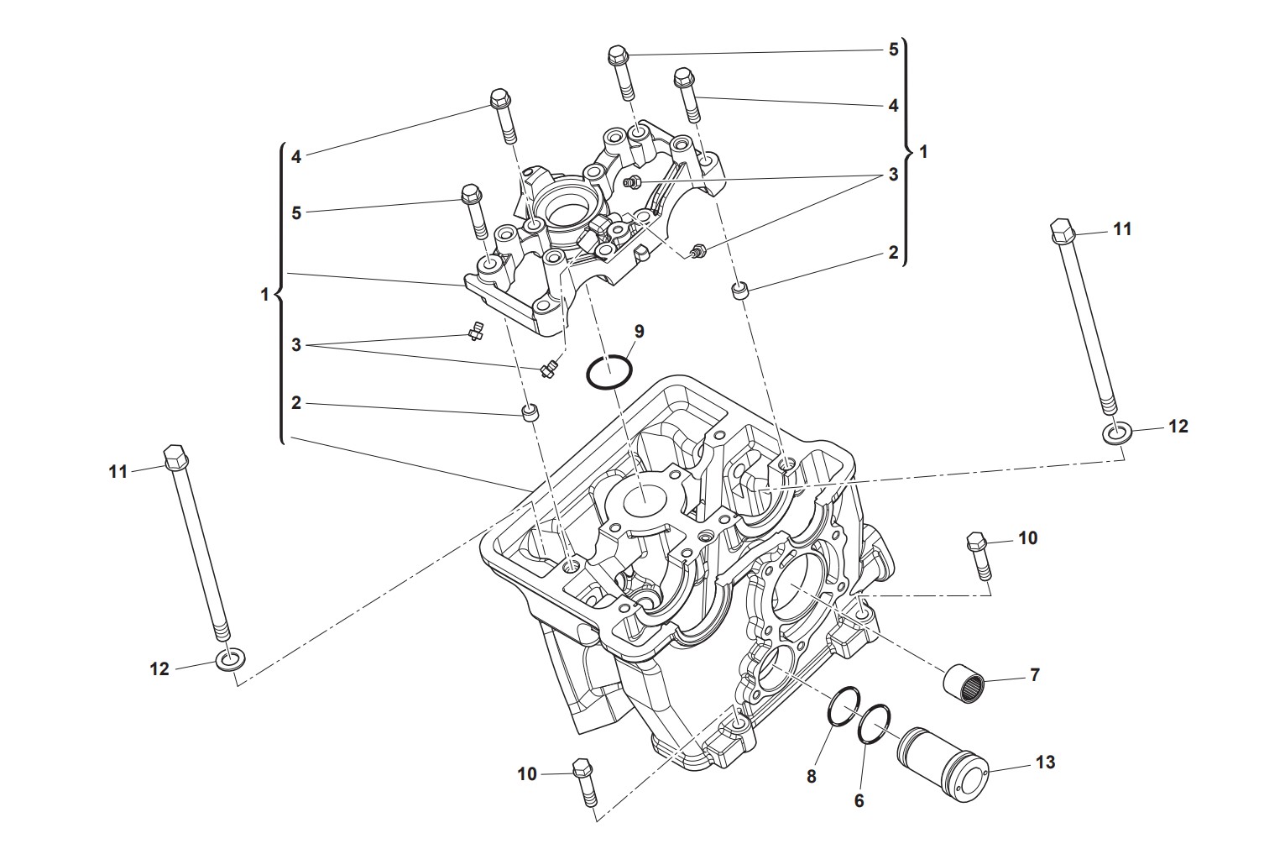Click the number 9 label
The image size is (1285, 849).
point(639,331)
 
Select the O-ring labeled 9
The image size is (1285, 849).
point(609,372)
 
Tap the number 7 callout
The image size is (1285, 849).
point(1035,674)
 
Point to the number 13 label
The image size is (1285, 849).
point(1045,763)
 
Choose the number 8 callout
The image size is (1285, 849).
point(811,777)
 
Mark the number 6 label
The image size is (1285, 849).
point(859,801)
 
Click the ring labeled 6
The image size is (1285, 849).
point(875,723)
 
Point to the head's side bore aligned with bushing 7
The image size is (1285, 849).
point(797,585)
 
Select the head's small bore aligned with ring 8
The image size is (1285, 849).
point(772,660)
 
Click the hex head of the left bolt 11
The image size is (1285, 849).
point(175,459)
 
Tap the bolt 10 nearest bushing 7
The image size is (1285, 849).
point(979,555)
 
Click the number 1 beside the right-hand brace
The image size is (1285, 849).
point(924,152)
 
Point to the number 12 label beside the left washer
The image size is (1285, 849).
point(159,668)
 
